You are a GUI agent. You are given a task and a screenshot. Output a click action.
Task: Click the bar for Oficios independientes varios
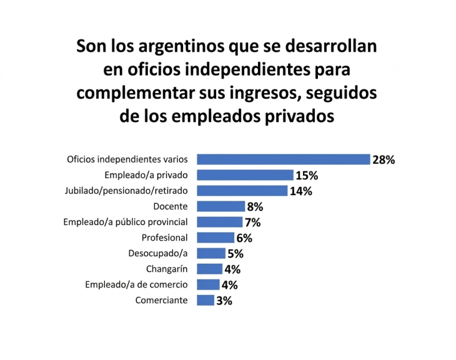[x=283, y=159]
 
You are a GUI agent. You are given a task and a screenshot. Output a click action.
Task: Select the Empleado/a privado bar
[x=245, y=175]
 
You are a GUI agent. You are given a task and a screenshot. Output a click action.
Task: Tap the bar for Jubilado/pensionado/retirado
[x=242, y=191]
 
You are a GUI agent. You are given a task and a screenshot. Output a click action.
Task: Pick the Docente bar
[x=221, y=206]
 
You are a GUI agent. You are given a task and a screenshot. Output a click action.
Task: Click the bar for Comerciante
[x=206, y=301]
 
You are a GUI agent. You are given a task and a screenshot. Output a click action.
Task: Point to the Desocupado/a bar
[x=211, y=253]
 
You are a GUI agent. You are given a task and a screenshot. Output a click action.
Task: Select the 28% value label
[x=384, y=159]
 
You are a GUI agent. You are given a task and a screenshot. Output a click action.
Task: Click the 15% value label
[x=307, y=175]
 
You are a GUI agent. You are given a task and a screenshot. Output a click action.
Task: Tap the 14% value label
[x=300, y=191]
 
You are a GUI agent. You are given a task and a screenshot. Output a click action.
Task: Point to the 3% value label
[x=224, y=301]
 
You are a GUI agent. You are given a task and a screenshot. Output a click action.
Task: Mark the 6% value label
[x=244, y=237]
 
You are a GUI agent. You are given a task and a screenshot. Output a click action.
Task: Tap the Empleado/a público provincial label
[x=126, y=222]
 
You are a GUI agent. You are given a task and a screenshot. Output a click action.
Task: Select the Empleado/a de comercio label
[x=136, y=285]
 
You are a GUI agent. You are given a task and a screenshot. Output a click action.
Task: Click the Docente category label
[x=171, y=206]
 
